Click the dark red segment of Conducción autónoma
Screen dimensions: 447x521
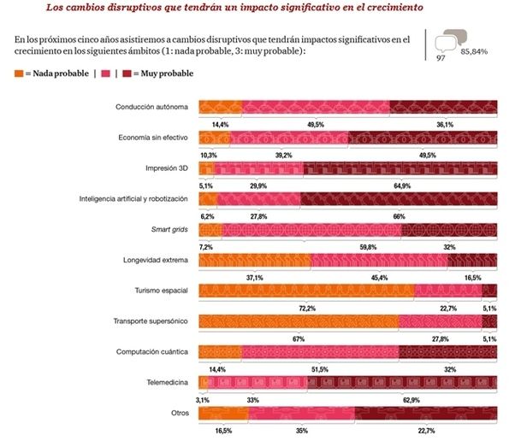coord(443,108)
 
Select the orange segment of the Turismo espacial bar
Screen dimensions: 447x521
coord(306,291)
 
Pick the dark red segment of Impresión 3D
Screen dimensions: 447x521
coord(400,168)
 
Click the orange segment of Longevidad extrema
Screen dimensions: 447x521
coord(254,260)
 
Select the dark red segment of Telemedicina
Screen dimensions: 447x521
coord(403,383)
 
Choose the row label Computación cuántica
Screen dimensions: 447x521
coord(152,352)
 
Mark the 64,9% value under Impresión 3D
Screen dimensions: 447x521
coord(401,185)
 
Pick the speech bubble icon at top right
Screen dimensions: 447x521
coord(450,38)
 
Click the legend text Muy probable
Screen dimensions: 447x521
coord(168,74)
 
